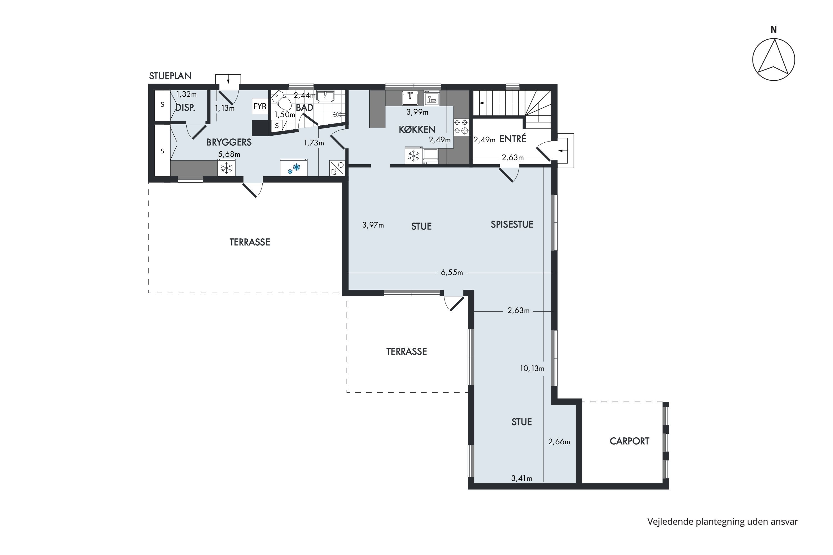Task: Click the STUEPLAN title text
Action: click(170, 76)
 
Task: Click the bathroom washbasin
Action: click(325, 97)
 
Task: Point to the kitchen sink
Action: click(410, 98)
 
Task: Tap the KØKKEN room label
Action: click(417, 130)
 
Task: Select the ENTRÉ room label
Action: click(513, 139)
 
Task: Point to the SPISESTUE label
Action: click(512, 224)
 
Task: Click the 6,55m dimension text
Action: click(452, 273)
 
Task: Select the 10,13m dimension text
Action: click(532, 369)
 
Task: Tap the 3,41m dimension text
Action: click(522, 478)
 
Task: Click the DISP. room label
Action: click(185, 108)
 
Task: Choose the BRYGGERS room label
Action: click(229, 142)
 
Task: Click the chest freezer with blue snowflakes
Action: click(293, 167)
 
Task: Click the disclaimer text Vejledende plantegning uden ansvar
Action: click(723, 522)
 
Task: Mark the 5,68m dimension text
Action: click(229, 154)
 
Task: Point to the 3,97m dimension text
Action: click(373, 225)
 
